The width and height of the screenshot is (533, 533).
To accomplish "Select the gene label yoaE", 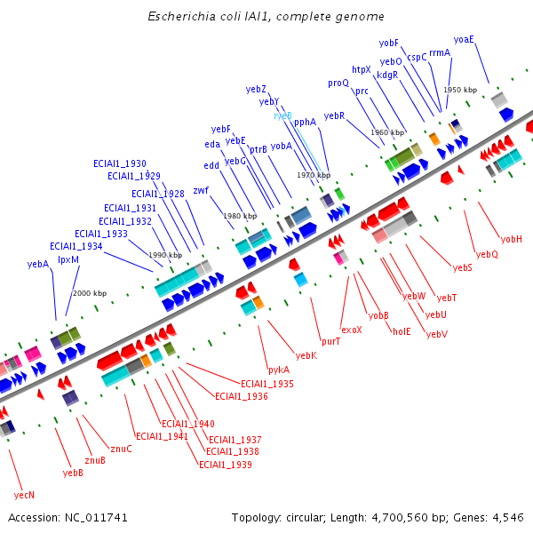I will point(464,39).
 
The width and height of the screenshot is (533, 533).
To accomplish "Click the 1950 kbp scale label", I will point(460,90).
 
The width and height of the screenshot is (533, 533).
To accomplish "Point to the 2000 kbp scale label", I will point(89,293).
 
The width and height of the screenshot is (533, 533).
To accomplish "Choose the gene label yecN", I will point(24,495).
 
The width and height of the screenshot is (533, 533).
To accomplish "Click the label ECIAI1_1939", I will point(226,465).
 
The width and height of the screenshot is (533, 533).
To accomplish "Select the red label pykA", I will point(278,370).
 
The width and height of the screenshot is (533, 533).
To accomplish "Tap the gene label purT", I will point(330,341).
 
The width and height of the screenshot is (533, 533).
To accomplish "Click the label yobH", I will point(512,239).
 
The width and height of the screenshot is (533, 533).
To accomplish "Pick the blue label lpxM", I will point(68,259).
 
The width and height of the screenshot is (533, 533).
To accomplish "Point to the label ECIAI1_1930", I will point(120,163).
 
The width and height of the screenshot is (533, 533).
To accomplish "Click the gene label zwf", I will point(201,190).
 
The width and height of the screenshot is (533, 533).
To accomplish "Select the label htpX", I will point(361,69).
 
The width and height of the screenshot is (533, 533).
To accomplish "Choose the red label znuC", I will point(121,449).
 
